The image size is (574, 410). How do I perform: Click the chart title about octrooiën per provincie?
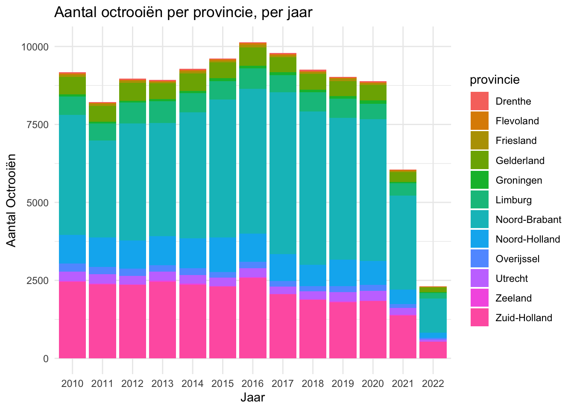183,13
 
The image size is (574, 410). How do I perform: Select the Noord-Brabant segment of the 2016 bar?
253,161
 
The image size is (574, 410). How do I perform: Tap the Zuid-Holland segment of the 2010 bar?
73,319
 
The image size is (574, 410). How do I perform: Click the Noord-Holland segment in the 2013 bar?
163,251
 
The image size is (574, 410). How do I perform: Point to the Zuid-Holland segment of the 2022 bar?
433,349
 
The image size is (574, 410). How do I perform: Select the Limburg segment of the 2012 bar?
133,113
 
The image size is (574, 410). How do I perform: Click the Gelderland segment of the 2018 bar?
313,82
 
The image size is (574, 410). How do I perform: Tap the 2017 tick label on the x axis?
283,383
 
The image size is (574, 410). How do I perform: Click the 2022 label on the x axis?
433,383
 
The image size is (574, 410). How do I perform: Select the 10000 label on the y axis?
33,47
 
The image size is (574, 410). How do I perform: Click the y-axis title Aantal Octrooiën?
12,200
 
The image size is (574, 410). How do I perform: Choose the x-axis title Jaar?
252,398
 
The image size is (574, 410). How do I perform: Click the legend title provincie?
495,80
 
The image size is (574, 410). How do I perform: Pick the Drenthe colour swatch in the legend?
480,102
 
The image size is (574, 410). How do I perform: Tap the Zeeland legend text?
514,298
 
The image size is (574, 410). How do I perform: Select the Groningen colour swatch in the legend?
480,180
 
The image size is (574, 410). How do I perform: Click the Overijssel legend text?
518,259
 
